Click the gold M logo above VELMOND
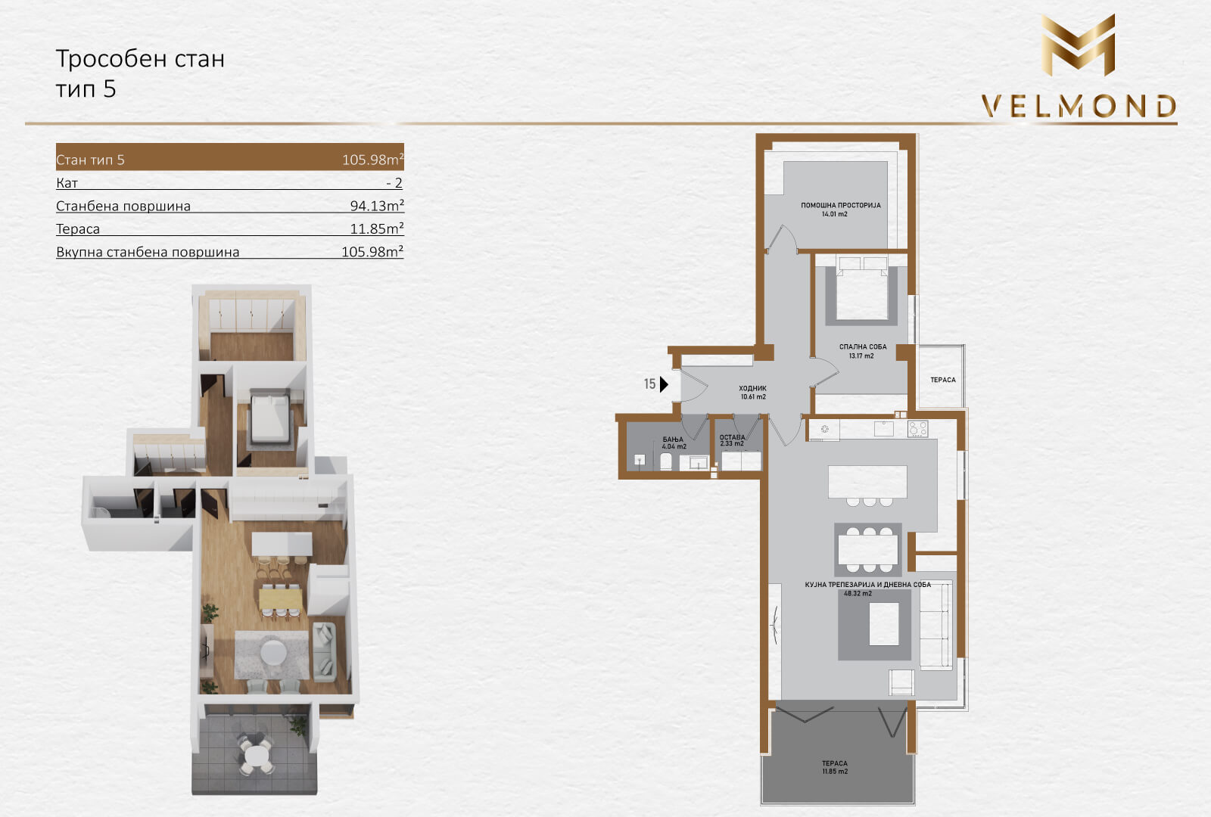coord(1078,45)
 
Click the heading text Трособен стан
coord(140,58)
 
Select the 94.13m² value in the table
coord(377,205)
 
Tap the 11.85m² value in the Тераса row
coord(377,228)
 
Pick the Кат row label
coord(67,182)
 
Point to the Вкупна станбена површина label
coord(148,252)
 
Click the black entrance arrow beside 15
coord(664,384)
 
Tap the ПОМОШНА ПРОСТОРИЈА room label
coord(841,205)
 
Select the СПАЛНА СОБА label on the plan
coord(863,347)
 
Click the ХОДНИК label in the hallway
coord(752,388)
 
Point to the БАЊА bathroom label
coord(673,440)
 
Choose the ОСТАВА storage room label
coord(732,437)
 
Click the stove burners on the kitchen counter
coord(917,428)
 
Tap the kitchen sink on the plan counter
coord(883,428)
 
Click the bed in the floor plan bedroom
coord(862,288)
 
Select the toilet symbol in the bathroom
coord(666,462)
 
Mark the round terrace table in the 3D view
coord(256,753)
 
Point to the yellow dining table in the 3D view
coord(280,598)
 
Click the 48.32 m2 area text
coord(858,593)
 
